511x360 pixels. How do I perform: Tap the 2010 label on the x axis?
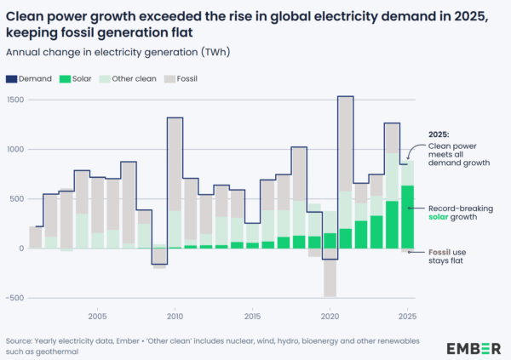tap(175, 316)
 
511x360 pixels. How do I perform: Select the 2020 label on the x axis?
tap(330, 316)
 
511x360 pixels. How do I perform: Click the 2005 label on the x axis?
tap(97, 316)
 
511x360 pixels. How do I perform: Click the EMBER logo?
tap(473, 348)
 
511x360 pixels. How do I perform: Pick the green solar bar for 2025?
tap(407, 217)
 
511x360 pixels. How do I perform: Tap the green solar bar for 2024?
tap(392, 225)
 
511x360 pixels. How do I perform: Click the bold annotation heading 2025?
tap(439, 134)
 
